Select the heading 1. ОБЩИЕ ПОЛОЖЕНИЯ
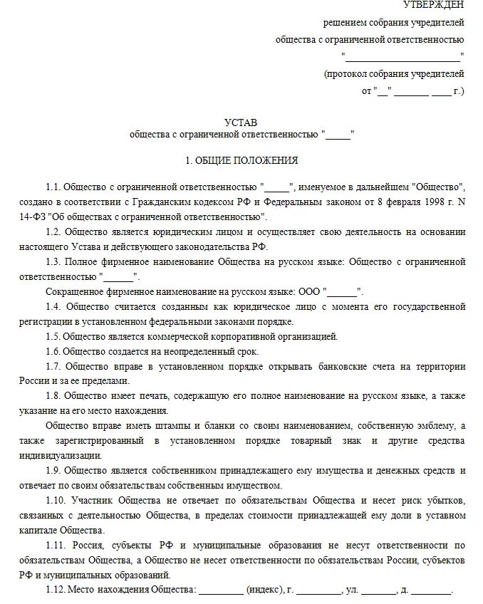tap(241, 161)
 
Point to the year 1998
tap(436, 202)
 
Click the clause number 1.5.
tap(53, 336)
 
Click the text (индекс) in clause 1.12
tap(264, 590)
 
